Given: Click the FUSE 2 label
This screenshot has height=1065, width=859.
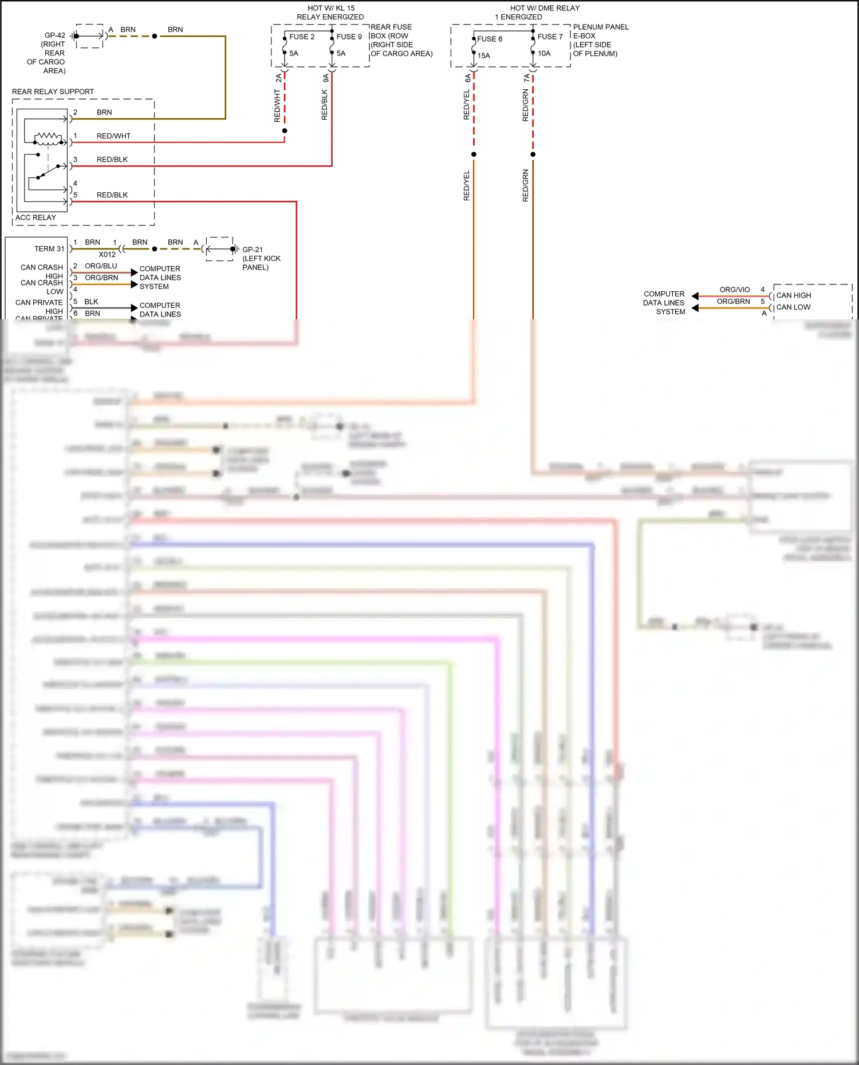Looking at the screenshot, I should [x=302, y=37].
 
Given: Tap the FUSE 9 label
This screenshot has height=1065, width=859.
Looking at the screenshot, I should [x=349, y=37].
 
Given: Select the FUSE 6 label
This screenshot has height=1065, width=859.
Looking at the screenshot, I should [x=490, y=39].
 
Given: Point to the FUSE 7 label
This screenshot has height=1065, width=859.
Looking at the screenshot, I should [x=550, y=37].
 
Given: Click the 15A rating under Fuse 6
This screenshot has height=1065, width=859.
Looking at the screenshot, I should [x=484, y=56].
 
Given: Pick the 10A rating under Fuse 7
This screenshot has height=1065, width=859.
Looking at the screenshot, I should [x=544, y=53].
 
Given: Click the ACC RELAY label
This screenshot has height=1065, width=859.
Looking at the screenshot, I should [x=36, y=217].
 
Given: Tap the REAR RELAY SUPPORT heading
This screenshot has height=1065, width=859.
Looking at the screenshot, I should [x=53, y=92].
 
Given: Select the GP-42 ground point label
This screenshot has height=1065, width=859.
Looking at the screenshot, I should [x=55, y=35].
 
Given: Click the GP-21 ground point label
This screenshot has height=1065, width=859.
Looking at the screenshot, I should [x=253, y=250].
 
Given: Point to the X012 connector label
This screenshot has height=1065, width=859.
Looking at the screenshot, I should [x=107, y=255].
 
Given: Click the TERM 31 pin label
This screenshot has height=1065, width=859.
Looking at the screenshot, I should [x=49, y=249].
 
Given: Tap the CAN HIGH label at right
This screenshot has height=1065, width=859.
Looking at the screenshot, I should [x=793, y=295].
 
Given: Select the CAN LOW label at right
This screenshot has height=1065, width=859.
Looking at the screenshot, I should [x=793, y=307].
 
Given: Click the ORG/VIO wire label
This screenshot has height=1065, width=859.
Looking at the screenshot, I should [x=734, y=290].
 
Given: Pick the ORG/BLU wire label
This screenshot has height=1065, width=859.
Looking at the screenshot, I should [x=101, y=266].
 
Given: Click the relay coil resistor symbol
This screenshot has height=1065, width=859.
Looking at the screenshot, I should [x=48, y=137].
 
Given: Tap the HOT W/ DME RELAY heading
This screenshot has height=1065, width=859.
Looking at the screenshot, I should [x=545, y=8].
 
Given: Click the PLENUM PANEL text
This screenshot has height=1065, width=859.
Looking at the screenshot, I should [x=601, y=27].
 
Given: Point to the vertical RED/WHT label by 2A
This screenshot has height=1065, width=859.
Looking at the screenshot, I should [x=278, y=106].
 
